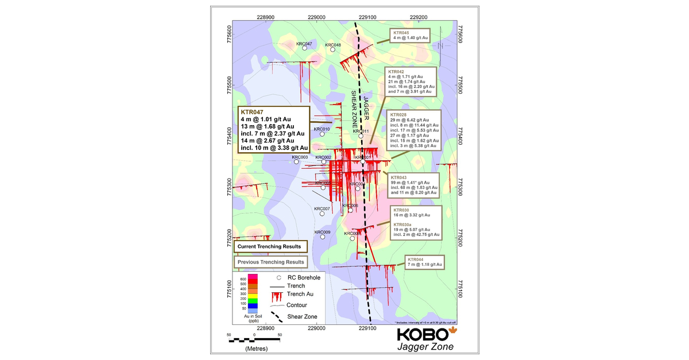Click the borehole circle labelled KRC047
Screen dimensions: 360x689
point(304,50)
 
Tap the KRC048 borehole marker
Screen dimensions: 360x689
point(333,50)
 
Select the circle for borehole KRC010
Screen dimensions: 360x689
point(323,134)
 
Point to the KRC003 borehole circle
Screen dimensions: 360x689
point(297,162)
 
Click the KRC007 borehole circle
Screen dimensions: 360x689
point(322,214)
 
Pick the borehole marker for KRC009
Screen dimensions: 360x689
point(323,238)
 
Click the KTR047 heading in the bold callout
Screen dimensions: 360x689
point(252,111)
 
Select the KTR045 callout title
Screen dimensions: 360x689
point(401,33)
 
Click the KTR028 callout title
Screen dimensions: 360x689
point(398,115)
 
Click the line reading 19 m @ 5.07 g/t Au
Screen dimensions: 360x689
point(415,230)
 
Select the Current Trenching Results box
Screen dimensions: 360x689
point(269,246)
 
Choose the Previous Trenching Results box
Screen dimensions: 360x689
point(269,262)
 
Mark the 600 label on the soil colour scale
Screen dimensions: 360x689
point(243,279)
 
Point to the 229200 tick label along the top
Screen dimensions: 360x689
point(419,18)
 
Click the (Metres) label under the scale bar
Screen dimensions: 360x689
point(255,349)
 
